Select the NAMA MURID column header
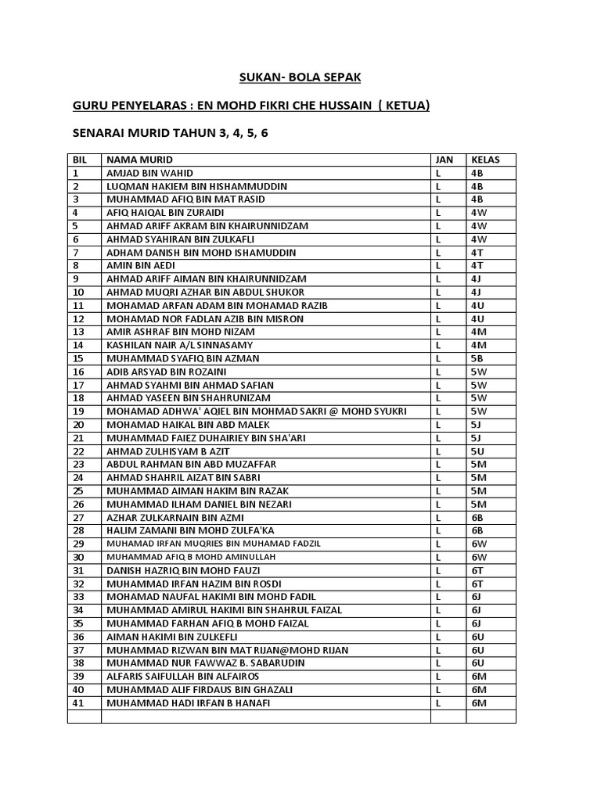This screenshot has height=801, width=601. point(139,160)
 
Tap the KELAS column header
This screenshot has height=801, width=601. point(485,160)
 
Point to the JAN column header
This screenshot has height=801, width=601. point(444,160)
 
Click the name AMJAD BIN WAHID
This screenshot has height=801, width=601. point(149,173)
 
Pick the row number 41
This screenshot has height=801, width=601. point(77,702)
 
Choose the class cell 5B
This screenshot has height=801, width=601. point(477,358)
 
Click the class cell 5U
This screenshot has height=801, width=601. point(477,451)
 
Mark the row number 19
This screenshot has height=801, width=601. point(77,411)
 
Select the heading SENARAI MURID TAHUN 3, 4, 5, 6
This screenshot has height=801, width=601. point(170,133)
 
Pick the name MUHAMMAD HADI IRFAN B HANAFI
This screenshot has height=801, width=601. point(186,702)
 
